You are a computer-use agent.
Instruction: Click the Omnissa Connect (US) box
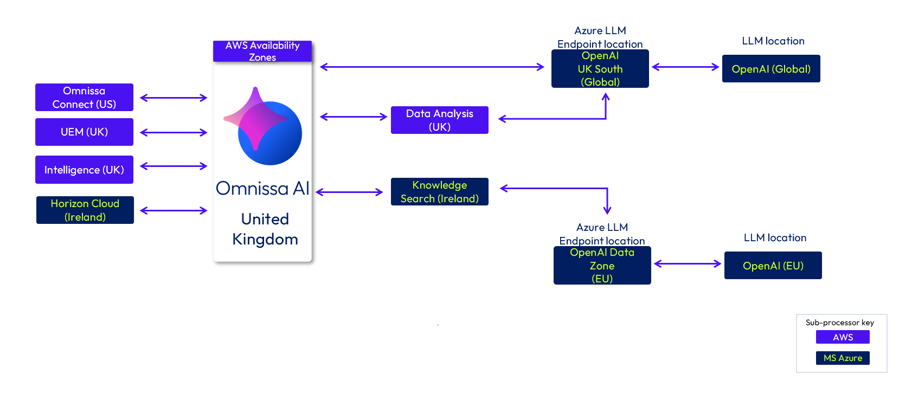(84, 98)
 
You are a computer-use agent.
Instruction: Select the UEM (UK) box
(84, 132)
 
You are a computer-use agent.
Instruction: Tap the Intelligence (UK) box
(84, 170)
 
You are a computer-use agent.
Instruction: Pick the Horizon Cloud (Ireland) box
(85, 210)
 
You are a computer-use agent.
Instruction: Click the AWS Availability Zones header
(262, 51)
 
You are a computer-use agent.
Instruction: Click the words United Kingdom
(265, 229)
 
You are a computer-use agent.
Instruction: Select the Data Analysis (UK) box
(440, 120)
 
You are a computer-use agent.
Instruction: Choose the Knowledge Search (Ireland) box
(440, 192)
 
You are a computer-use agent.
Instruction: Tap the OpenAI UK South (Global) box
(600, 69)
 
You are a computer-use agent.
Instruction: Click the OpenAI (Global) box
(771, 69)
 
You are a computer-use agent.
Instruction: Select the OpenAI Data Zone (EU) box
(602, 266)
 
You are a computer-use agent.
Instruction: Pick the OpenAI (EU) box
(773, 266)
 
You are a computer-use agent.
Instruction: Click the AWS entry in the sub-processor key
(843, 337)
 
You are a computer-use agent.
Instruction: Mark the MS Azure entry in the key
(843, 358)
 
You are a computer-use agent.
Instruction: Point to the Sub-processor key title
(840, 323)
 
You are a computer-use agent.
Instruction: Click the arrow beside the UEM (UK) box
(174, 132)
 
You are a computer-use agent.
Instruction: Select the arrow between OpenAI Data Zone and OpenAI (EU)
(688, 264)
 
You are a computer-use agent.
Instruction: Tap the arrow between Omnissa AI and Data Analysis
(354, 117)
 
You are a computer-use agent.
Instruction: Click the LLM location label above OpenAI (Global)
(773, 41)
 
